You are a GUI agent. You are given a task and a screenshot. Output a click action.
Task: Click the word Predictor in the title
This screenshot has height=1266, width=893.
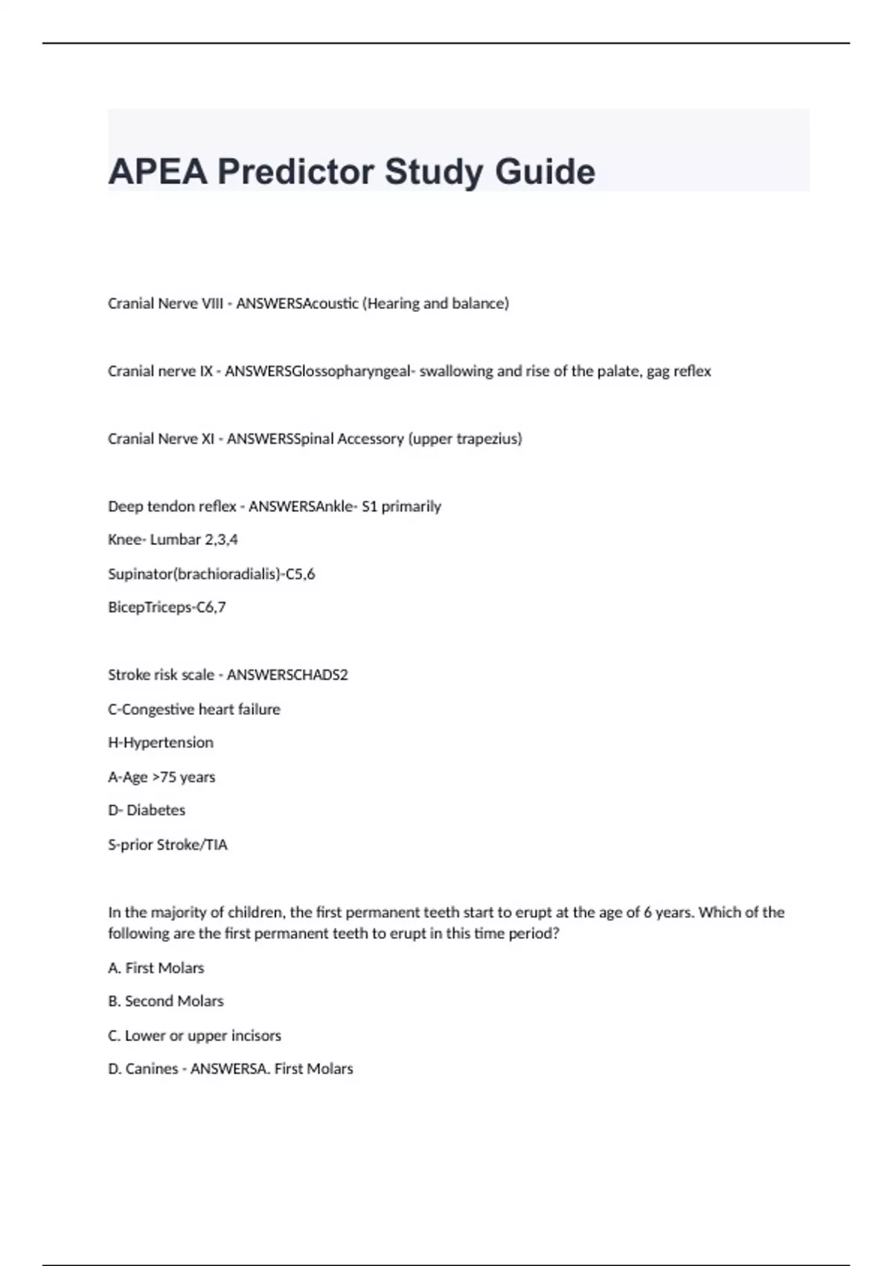[295, 172]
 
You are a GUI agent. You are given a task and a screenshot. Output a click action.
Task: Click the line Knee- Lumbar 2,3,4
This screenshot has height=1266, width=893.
[173, 540]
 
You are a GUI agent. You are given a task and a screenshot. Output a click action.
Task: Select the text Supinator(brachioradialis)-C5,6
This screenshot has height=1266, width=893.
[211, 574]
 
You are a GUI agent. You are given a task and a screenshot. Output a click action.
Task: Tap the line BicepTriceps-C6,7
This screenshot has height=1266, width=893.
[167, 608]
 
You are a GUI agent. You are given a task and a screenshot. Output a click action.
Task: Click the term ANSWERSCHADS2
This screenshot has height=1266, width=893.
[287, 675]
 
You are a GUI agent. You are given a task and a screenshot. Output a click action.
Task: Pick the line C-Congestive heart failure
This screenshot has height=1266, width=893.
[194, 710]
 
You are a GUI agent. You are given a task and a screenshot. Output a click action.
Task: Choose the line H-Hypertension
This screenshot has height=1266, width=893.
[161, 743]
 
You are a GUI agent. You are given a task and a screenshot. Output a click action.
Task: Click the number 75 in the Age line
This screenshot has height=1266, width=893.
[168, 777]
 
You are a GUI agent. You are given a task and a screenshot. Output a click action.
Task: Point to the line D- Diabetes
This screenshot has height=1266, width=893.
[147, 810]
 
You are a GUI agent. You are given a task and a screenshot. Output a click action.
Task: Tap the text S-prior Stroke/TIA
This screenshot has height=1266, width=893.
[167, 845]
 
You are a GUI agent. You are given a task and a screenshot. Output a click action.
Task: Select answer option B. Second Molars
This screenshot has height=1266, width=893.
[166, 1002]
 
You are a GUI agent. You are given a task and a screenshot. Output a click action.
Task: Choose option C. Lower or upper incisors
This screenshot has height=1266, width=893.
[194, 1036]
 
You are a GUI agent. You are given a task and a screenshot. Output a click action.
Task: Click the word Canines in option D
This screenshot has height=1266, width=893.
[152, 1069]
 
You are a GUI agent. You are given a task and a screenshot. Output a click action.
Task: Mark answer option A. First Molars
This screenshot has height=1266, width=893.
[156, 968]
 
